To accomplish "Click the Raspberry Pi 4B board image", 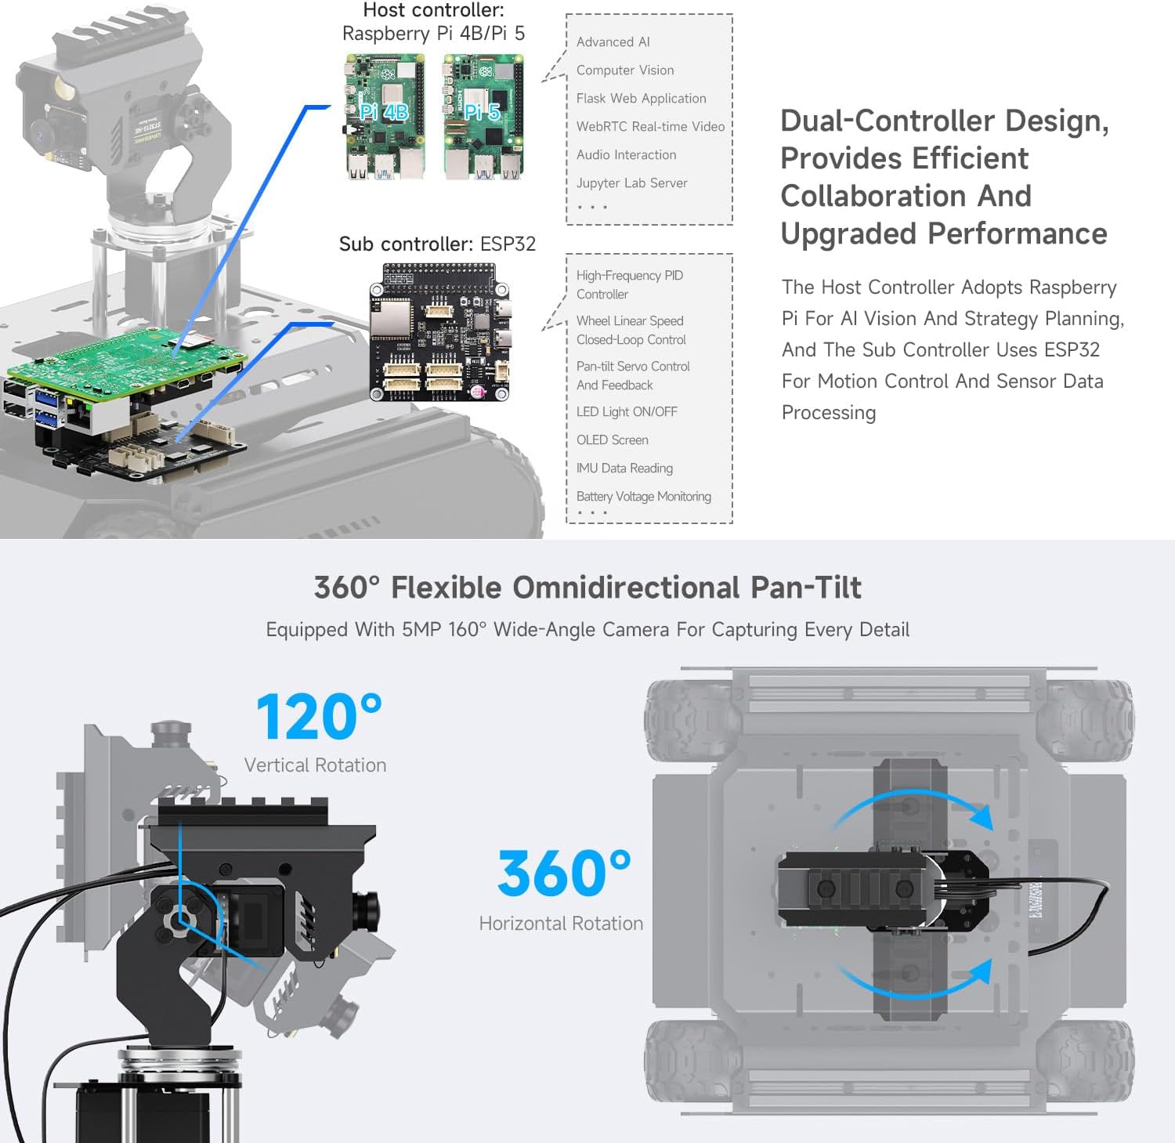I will (385, 117).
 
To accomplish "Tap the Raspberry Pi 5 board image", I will (483, 117).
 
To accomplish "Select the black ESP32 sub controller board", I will (439, 332).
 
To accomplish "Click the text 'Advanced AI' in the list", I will (613, 42).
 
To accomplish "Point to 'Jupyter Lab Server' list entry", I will (631, 183).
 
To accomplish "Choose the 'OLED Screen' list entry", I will (612, 440).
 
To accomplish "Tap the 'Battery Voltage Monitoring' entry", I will (643, 497).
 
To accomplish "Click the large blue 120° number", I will (318, 717).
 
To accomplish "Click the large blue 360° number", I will (563, 874).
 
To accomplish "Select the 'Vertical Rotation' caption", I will (315, 765).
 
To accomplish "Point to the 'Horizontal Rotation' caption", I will (561, 924).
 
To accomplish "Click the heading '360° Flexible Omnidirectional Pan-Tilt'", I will (587, 588).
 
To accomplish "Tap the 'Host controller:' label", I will (433, 11).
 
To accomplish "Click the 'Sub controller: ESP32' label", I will (437, 244).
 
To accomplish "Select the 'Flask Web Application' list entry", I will (641, 99).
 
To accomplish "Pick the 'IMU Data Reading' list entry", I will (624, 468).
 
